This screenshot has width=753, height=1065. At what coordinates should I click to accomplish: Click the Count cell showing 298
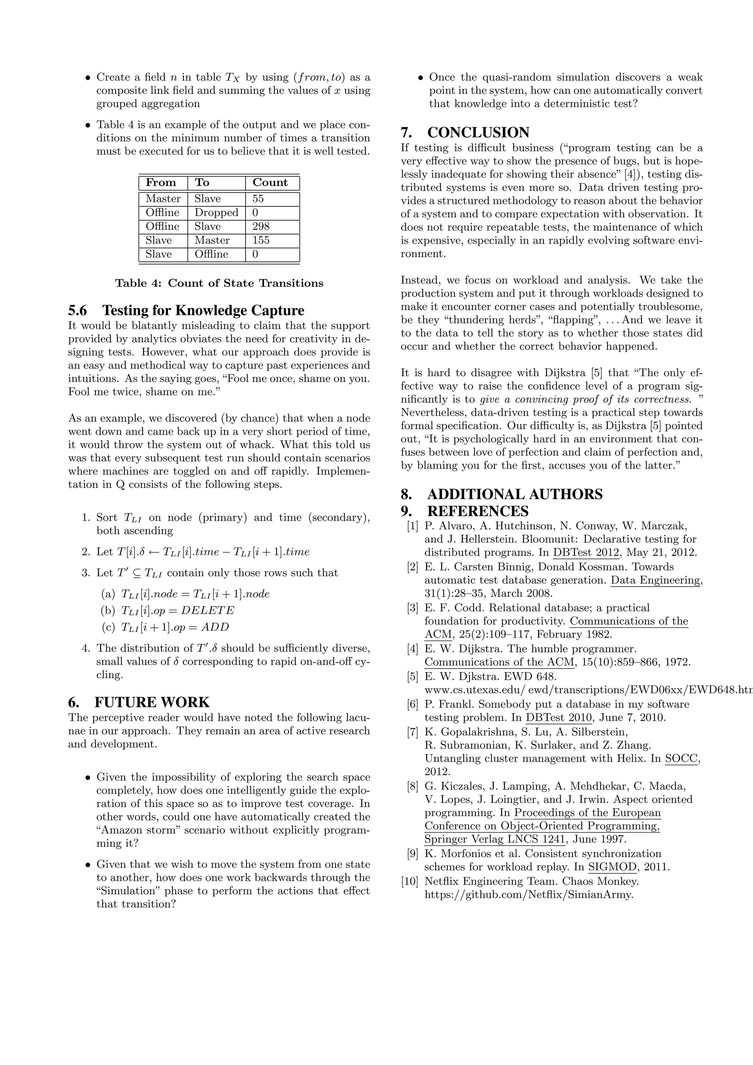(261, 227)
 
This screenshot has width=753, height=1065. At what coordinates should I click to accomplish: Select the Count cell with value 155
(261, 240)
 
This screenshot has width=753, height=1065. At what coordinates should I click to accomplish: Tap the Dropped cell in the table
(216, 213)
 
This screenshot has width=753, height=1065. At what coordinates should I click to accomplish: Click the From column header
(161, 182)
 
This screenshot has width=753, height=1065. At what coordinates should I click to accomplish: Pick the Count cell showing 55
(258, 199)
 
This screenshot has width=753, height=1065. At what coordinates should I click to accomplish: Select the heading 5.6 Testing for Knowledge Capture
(186, 310)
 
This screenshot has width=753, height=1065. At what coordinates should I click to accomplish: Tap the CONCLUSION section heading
(465, 133)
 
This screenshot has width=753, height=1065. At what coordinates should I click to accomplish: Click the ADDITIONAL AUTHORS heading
(502, 494)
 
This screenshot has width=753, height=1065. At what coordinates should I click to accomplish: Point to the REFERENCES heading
(465, 511)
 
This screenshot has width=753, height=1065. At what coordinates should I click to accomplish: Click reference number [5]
(413, 676)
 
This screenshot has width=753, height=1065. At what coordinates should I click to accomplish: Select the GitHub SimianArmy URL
(529, 894)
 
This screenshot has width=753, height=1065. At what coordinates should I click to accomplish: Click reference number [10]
(410, 881)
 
